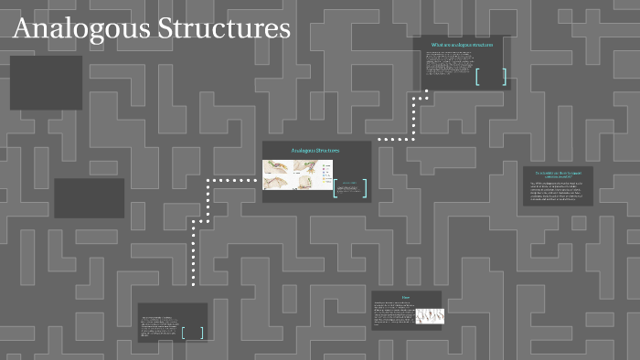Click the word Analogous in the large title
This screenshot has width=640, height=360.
coord(82,28)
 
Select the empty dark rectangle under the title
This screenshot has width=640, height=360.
coord(46,82)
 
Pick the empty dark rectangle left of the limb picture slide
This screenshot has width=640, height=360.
coord(89,198)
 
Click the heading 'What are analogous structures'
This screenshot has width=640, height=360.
coord(462,44)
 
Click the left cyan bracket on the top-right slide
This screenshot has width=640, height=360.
coord(477,77)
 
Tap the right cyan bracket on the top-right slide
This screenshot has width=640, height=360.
coord(504,77)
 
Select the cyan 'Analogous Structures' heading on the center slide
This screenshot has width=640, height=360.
coord(315,150)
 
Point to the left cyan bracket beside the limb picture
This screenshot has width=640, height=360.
coord(336,188)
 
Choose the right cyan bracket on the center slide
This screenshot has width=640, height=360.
coord(366,188)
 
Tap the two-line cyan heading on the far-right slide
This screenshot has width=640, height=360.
coord(558,174)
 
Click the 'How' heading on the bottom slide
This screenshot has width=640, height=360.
coord(406,297)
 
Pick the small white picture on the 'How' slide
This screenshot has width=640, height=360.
coord(430,315)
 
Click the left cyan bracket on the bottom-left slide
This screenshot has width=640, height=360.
coord(184,333)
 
